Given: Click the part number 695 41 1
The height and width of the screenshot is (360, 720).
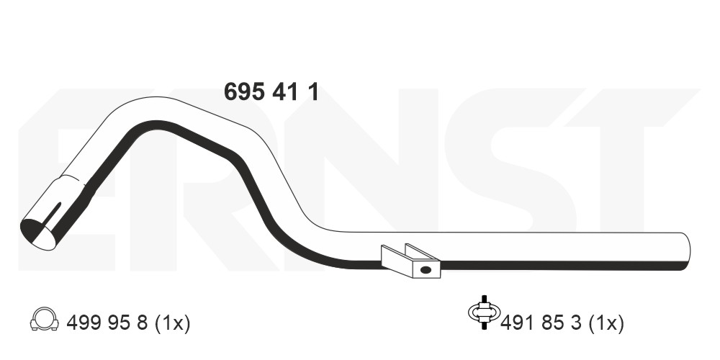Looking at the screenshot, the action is pos(271,92).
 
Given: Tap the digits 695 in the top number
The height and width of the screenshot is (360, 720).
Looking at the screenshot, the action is pos(244,92).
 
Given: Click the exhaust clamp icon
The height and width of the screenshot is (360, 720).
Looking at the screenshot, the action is pos(45,318).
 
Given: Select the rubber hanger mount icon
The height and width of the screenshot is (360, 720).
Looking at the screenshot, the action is pos(484,312).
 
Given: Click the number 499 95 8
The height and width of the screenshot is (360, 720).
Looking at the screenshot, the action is pos(107,323).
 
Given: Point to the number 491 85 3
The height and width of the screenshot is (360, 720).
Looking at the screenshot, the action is pos(541,323).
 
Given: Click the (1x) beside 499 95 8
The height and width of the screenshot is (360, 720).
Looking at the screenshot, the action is pos(172,323).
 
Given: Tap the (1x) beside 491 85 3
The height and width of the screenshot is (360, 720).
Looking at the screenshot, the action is pos(606,323).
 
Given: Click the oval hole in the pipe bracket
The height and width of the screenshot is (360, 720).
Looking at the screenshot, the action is pos(426,270).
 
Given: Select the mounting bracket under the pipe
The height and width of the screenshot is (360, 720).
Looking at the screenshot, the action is pos(410,261).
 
